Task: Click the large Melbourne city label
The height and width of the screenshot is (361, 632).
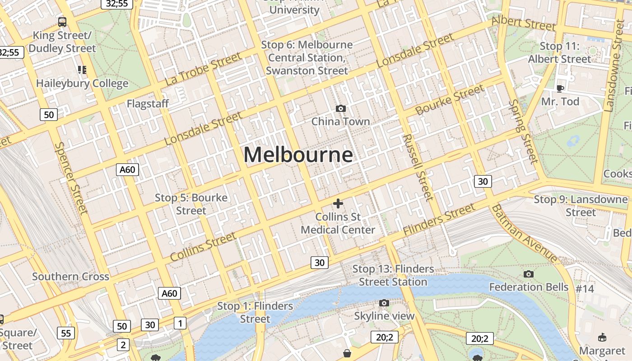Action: [298, 155]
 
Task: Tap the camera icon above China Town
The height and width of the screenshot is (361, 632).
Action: [341, 108]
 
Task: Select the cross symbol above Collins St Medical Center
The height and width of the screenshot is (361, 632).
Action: [338, 204]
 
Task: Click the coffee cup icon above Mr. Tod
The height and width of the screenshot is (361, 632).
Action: [560, 88]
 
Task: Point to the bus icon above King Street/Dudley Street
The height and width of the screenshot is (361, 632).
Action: [62, 22]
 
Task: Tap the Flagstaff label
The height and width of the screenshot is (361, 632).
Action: [148, 104]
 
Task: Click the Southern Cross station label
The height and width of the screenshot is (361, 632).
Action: [70, 277]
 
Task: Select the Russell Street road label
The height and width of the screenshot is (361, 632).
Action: [418, 167]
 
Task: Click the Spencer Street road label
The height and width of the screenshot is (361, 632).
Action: [71, 178]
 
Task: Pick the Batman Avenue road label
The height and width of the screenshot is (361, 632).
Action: [524, 234]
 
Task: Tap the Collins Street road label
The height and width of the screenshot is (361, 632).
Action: [203, 246]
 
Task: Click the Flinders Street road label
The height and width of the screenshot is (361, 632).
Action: [439, 219]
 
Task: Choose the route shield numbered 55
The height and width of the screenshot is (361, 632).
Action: [66, 333]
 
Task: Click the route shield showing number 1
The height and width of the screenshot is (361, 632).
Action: [180, 323]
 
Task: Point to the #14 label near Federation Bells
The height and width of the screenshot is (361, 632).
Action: [585, 288]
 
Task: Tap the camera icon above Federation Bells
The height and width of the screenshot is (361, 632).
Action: [529, 274]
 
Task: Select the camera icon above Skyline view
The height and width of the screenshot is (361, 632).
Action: [384, 303]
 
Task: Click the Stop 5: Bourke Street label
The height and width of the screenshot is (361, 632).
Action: [191, 204]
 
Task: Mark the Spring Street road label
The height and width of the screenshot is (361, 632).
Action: [523, 131]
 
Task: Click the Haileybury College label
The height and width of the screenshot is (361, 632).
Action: [82, 83]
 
